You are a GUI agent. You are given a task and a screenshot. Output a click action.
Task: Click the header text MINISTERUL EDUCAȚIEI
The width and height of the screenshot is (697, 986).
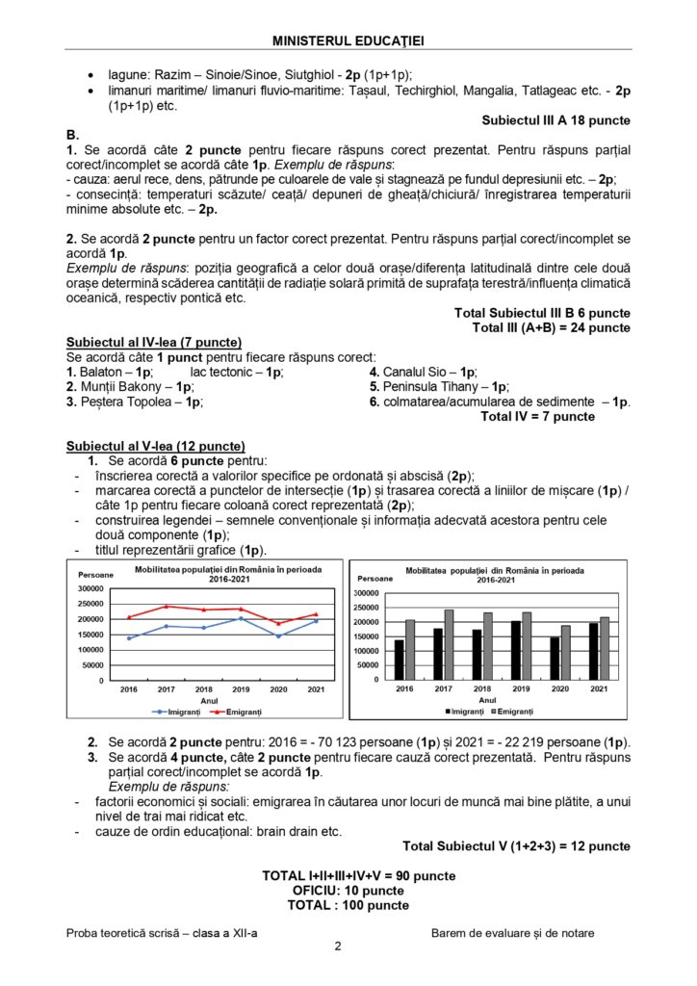click(x=348, y=39)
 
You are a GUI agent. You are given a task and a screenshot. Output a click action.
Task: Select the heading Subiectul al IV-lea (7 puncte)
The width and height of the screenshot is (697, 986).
click(x=153, y=342)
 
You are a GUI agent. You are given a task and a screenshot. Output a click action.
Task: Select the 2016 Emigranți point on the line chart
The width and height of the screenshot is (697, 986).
click(x=129, y=617)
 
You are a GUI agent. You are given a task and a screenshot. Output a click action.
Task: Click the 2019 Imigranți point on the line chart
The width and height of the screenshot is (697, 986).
click(x=241, y=619)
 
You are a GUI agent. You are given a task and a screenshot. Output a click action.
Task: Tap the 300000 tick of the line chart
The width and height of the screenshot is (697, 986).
click(x=88, y=588)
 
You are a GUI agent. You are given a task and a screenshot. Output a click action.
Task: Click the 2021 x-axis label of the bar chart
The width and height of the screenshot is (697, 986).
click(x=598, y=689)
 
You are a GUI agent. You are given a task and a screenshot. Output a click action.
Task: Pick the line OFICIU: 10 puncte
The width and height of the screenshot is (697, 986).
click(x=348, y=891)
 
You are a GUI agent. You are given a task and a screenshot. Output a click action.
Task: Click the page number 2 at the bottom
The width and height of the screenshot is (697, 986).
click(x=338, y=947)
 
